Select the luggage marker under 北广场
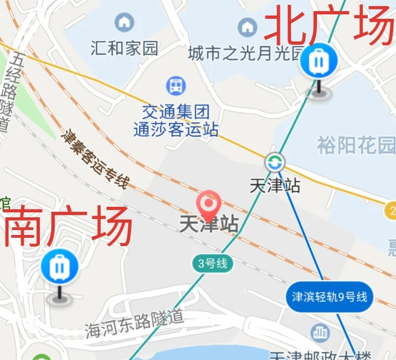319,61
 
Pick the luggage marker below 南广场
59,268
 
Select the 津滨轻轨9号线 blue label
330,297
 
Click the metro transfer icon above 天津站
274,163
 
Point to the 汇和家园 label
124,48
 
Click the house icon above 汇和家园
124,23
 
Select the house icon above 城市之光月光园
247,27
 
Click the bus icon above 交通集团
176,86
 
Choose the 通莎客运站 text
176,130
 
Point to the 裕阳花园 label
356,146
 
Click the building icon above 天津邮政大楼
319,333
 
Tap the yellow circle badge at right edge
390,211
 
